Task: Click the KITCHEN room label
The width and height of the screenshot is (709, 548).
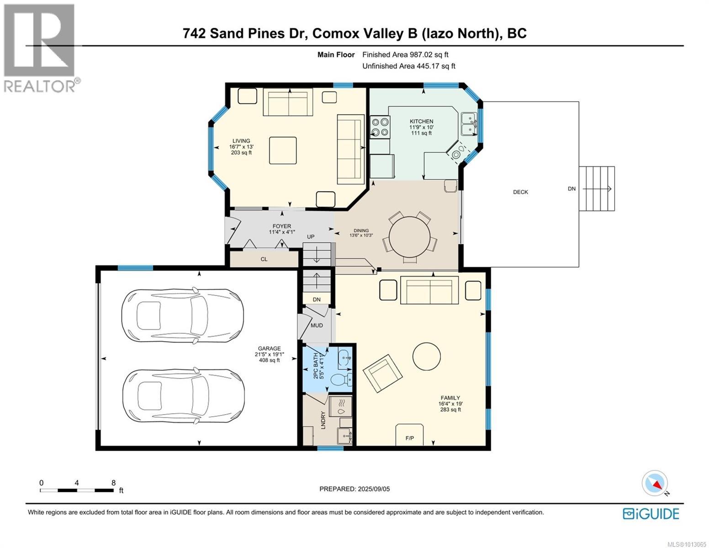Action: [x=421, y=121]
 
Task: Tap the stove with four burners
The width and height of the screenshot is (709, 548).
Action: [x=380, y=127]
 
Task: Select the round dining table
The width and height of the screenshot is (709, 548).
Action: [x=409, y=237]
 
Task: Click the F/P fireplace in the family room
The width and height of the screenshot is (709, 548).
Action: [x=409, y=435]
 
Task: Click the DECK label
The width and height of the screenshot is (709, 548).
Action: [x=520, y=192]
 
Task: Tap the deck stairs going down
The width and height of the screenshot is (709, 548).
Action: [x=597, y=189]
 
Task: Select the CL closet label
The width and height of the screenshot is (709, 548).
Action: [x=264, y=259]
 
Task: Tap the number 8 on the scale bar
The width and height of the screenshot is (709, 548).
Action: [x=114, y=483]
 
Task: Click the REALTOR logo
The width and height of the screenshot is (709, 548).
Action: [x=41, y=48]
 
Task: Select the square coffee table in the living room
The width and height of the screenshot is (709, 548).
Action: [x=283, y=150]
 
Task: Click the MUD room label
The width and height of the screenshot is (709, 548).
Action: [x=317, y=325]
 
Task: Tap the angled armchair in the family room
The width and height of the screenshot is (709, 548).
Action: [x=383, y=373]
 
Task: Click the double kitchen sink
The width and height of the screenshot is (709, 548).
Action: [x=469, y=124]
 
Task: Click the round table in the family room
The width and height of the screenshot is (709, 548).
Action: [x=426, y=356]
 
